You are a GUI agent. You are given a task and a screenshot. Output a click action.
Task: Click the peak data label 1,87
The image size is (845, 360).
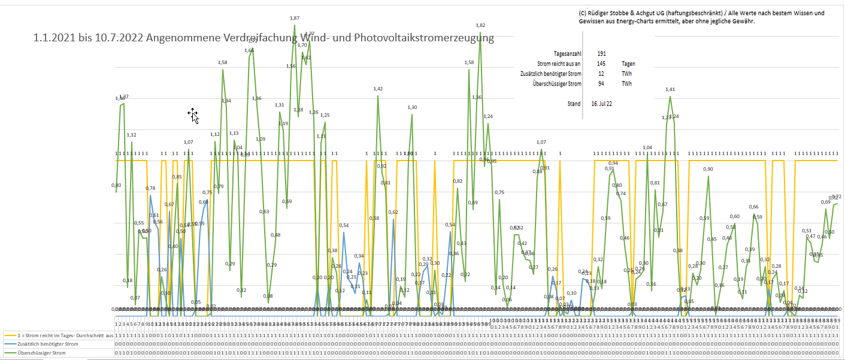(x=295, y=19)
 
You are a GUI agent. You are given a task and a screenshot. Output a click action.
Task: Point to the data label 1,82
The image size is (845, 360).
(x=480, y=25)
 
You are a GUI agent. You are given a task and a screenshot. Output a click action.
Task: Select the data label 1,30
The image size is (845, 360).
(x=412, y=107)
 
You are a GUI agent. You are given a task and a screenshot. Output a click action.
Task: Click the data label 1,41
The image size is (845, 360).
(x=670, y=89)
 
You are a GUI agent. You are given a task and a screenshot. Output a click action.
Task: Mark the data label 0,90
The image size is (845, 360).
(x=708, y=169)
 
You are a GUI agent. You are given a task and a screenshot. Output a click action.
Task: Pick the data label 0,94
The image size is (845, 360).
(x=613, y=163)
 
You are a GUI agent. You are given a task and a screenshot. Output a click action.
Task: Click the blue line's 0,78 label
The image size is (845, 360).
(x=150, y=188)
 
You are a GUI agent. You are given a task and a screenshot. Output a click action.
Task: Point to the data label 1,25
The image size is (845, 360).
(x=325, y=115)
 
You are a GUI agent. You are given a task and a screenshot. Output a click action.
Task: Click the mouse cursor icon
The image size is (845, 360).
(x=193, y=114)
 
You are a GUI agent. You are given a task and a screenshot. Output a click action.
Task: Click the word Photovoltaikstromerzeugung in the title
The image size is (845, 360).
(x=424, y=38)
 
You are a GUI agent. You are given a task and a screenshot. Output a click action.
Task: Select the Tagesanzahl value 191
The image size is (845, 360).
(x=601, y=53)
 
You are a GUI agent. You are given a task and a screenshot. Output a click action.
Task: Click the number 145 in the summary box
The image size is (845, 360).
(x=601, y=63)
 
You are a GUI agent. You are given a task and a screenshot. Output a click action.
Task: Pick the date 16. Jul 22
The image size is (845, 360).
(x=601, y=104)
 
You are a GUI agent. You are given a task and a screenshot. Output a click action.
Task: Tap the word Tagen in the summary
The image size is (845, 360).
(x=628, y=63)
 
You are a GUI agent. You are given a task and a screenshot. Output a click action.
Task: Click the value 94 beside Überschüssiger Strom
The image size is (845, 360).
(x=601, y=84)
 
